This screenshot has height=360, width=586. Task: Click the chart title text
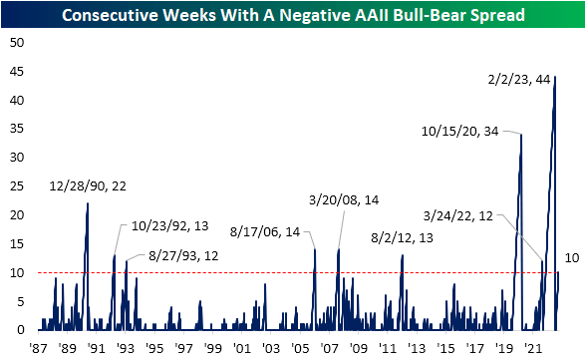pos(293,15)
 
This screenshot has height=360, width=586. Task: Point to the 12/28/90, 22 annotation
pos(88,185)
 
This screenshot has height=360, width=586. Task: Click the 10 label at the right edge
pos(571,258)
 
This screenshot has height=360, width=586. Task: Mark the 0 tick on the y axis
pos(18,329)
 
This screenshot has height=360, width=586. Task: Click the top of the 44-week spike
pos(555,77)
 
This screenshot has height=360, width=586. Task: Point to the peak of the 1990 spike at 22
pos(88,203)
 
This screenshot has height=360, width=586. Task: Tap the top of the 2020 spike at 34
pos(520,135)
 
